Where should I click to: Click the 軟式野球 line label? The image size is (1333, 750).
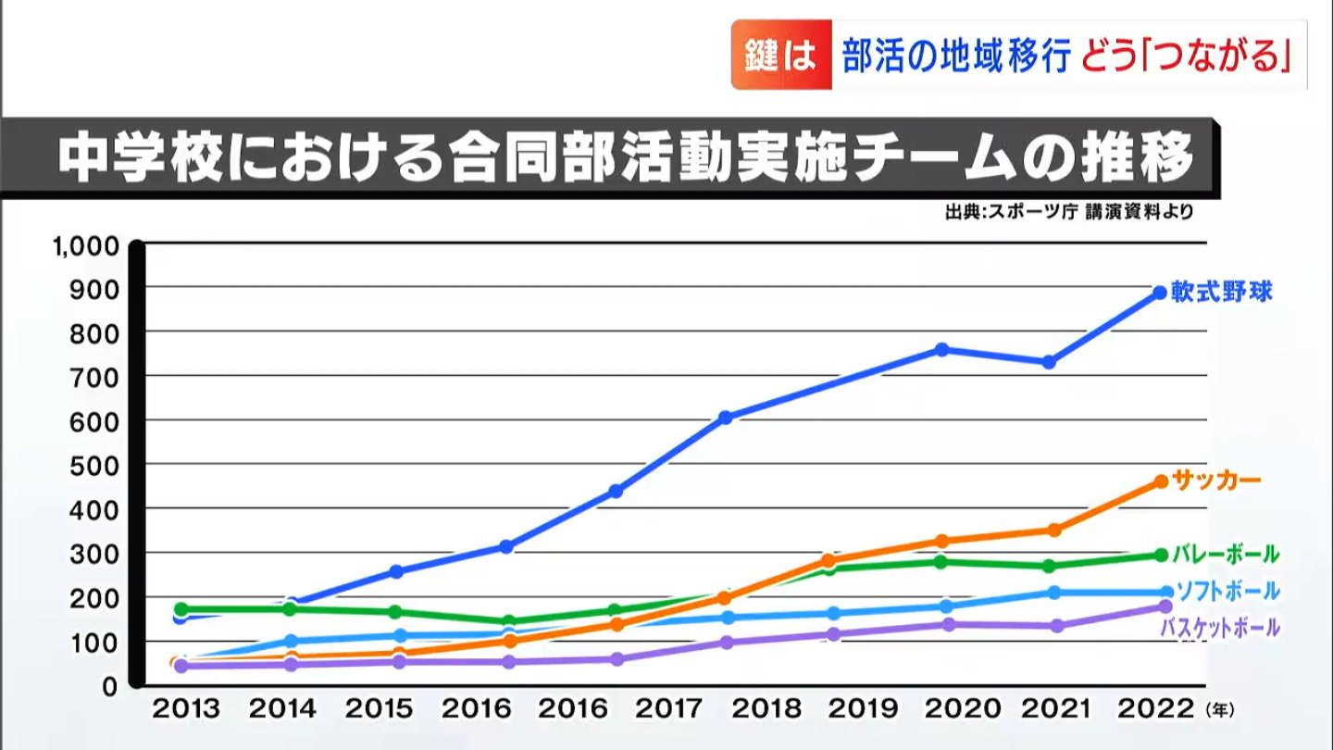[x=1221, y=293]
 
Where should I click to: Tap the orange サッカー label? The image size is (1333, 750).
[x=1216, y=481]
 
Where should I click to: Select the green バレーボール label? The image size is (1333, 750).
[x=1225, y=555]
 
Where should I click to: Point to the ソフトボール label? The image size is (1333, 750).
[x=1227, y=591]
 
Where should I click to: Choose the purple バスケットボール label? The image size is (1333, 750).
[x=1220, y=628]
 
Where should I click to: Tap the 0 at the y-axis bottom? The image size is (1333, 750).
[x=110, y=685]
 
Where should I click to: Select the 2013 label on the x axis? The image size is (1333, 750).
[x=186, y=709]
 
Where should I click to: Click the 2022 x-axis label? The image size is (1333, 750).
[x=1154, y=709]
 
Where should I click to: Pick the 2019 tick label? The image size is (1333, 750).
[x=863, y=709]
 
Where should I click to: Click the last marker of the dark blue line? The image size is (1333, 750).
[x=1160, y=293]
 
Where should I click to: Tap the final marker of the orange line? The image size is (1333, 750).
[x=1161, y=481]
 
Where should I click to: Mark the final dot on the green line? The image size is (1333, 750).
[x=1161, y=555]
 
